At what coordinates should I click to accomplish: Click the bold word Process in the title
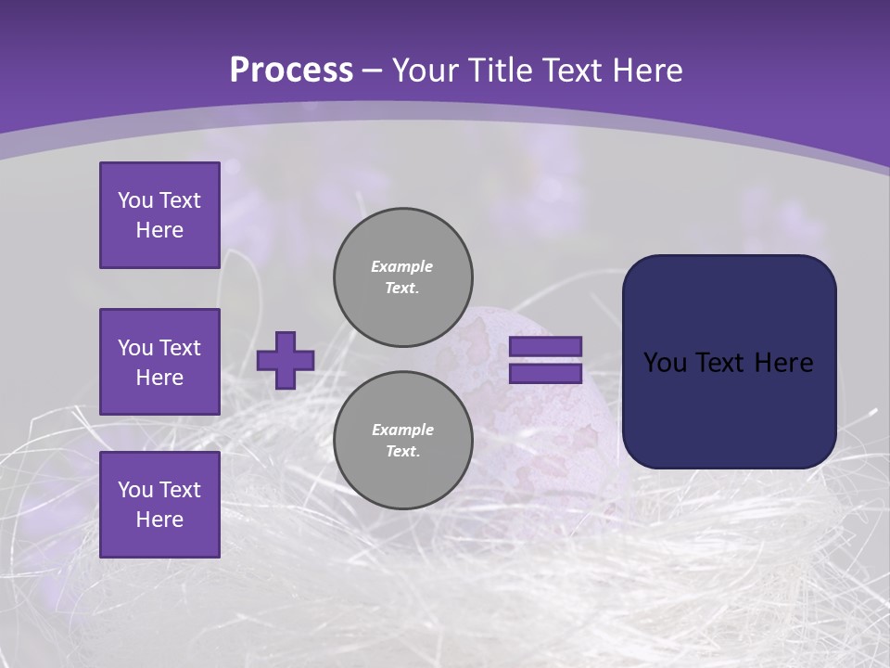tap(291, 71)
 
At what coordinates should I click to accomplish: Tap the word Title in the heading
tap(498, 71)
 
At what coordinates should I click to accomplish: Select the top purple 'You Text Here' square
tap(159, 215)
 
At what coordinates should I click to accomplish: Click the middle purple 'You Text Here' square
tap(159, 362)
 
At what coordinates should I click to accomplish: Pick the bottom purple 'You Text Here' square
tap(159, 504)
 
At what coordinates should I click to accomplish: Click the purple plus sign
tap(285, 360)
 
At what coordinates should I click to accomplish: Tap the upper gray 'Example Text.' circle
tap(402, 277)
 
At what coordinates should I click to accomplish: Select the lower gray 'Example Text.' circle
tap(402, 441)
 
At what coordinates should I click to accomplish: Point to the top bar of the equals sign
tap(545, 346)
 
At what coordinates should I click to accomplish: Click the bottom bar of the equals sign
tap(545, 374)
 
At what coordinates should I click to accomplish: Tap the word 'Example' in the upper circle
tap(401, 266)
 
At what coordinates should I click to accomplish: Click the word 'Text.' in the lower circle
tap(401, 452)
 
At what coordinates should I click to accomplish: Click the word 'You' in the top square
tap(134, 200)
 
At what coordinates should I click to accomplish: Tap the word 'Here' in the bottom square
tap(159, 520)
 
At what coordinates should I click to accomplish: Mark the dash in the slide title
tap(373, 71)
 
